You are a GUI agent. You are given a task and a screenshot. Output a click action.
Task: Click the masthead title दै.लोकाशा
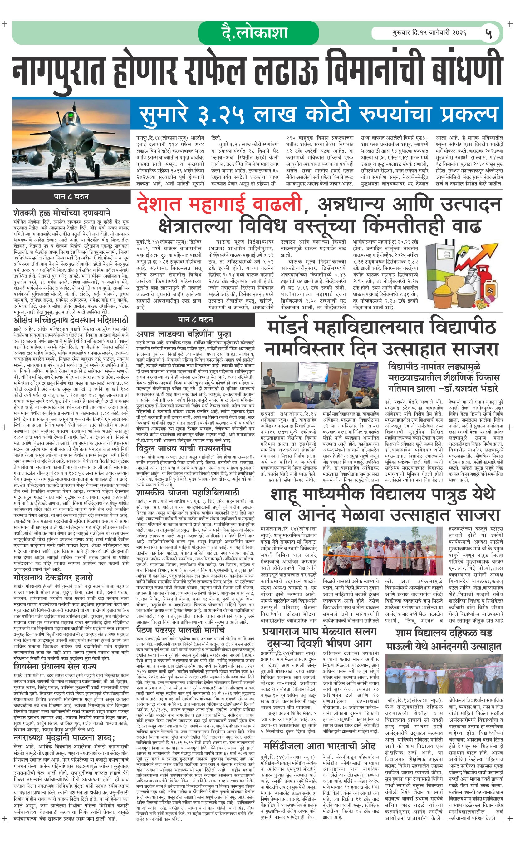pyautogui.click(x=255, y=32)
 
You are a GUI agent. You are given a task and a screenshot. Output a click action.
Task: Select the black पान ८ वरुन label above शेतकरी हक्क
pyautogui.click(x=71, y=196)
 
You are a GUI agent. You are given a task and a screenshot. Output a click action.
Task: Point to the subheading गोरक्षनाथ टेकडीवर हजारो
pyautogui.click(x=53, y=578)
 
